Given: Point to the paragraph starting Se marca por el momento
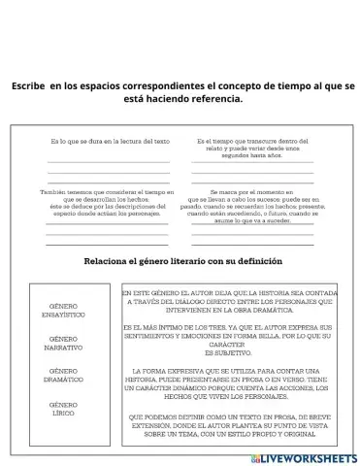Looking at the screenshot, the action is (x=251, y=206).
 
